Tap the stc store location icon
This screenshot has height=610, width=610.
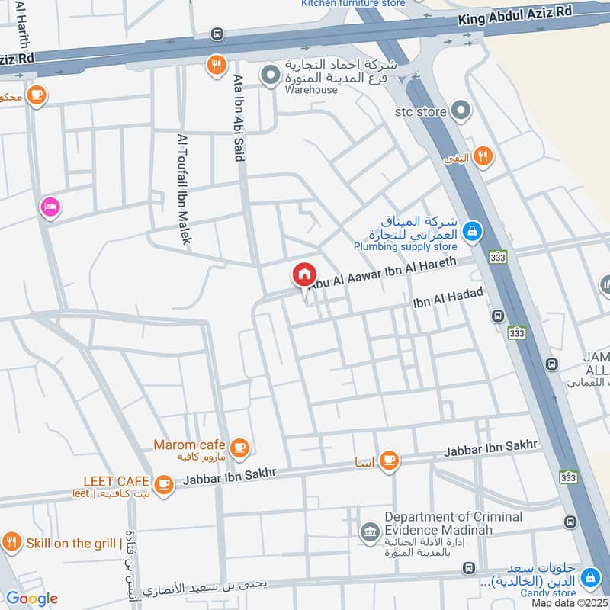point(460,111)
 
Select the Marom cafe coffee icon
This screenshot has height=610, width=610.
point(240,448)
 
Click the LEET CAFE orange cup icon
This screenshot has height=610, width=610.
point(163,483)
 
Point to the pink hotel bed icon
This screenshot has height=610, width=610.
point(51,207)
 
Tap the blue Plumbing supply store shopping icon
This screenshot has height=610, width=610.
point(473,230)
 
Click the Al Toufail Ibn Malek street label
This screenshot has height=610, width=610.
point(183,189)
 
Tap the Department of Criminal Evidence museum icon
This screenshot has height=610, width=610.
point(371,531)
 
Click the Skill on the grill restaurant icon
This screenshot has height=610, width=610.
point(11,543)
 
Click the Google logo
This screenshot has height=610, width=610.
point(31,599)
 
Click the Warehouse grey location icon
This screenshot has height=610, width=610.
point(269,75)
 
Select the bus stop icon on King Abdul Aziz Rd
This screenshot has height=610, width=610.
point(218,34)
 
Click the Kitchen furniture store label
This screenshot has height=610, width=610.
point(353,3)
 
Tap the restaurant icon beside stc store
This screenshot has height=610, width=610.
point(482,157)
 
